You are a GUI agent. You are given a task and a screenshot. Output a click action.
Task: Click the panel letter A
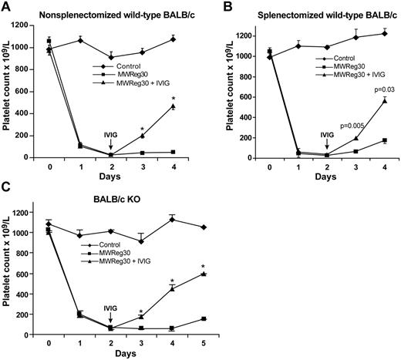[6, 7]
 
